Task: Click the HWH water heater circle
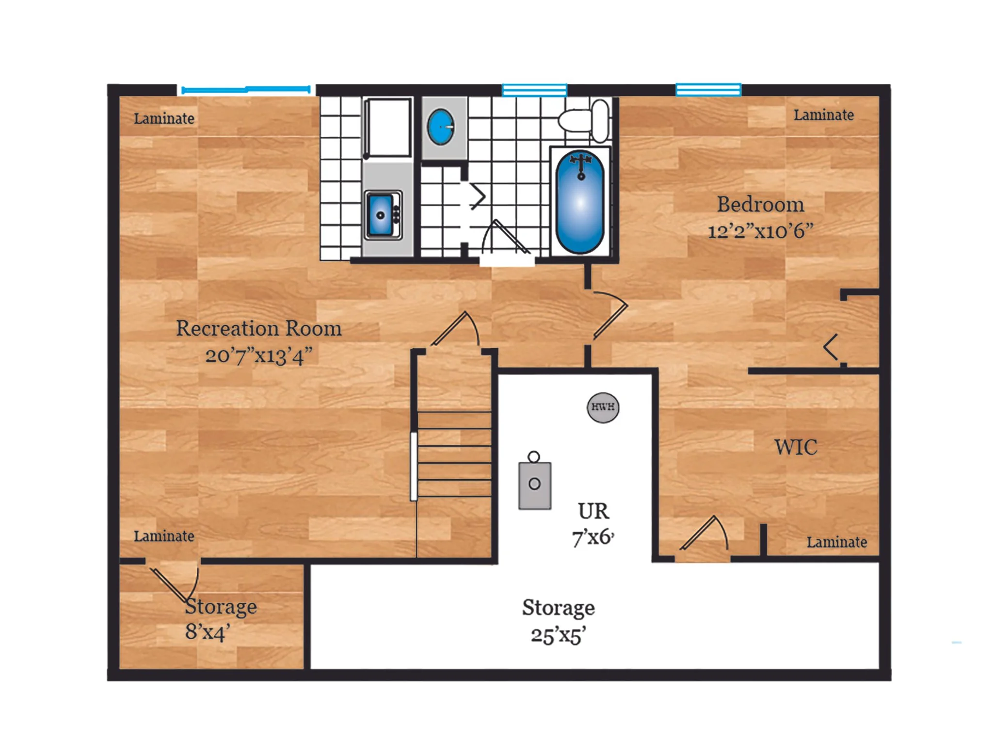pyautogui.click(x=603, y=407)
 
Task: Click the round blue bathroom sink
pyautogui.click(x=440, y=127)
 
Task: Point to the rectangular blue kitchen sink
pyautogui.click(x=381, y=215)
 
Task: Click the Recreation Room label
pyautogui.click(x=258, y=328)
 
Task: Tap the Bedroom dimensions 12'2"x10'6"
pyautogui.click(x=760, y=231)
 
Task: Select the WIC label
pyautogui.click(x=796, y=447)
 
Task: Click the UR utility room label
pyautogui.click(x=593, y=511)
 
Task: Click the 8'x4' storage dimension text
pyautogui.click(x=208, y=632)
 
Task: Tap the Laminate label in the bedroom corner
pyautogui.click(x=823, y=115)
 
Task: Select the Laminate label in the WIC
pyautogui.click(x=836, y=542)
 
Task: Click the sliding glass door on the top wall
pyautogui.click(x=246, y=89)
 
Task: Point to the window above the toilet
pyautogui.click(x=534, y=90)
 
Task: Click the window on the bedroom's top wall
pyautogui.click(x=708, y=90)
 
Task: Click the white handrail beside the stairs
pyautogui.click(x=414, y=466)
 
